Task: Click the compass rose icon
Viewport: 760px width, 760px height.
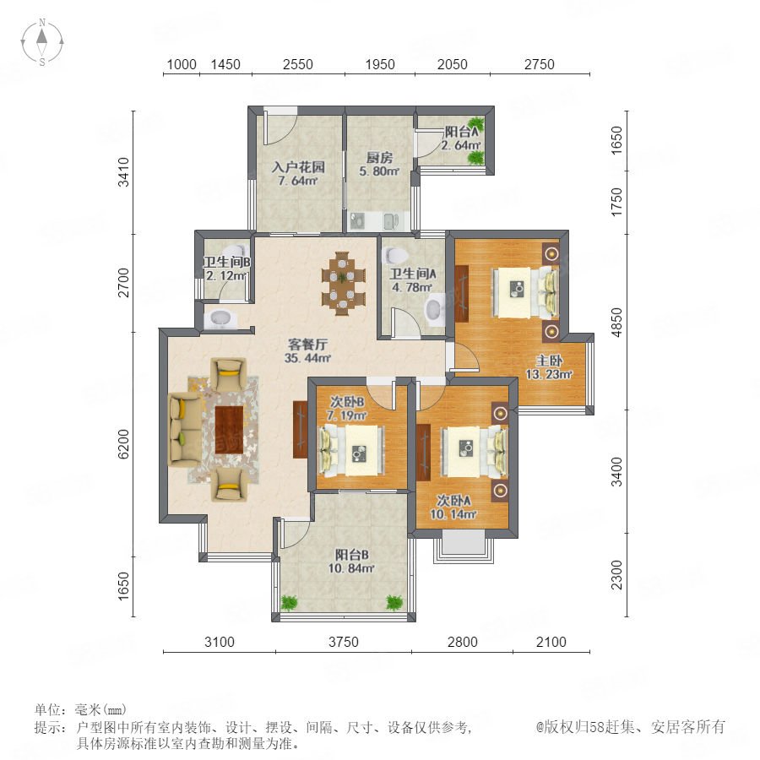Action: (x=42, y=42)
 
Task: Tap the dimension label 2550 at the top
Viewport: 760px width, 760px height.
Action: (x=297, y=64)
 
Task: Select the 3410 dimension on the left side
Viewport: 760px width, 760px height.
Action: (x=124, y=171)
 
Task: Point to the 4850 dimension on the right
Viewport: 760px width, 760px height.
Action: (x=616, y=323)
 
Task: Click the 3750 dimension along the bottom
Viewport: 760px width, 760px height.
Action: (x=343, y=643)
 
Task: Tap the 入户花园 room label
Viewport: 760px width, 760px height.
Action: (x=298, y=167)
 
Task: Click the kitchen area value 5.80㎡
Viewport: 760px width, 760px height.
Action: (x=379, y=171)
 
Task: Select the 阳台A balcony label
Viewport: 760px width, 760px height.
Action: (x=461, y=132)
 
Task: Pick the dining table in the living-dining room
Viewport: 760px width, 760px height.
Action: (x=343, y=283)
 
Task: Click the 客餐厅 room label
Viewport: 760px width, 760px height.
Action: (x=307, y=345)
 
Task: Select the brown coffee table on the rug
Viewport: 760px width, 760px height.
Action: (x=229, y=430)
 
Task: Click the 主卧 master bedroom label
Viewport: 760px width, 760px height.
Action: (x=549, y=361)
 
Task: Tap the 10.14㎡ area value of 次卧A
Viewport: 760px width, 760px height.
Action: (x=453, y=514)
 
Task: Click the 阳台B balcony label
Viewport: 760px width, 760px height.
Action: (x=352, y=555)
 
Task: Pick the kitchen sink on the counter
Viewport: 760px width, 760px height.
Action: (x=391, y=221)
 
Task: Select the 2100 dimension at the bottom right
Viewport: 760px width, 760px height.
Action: (x=551, y=643)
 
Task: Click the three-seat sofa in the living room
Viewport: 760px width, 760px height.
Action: (x=184, y=430)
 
